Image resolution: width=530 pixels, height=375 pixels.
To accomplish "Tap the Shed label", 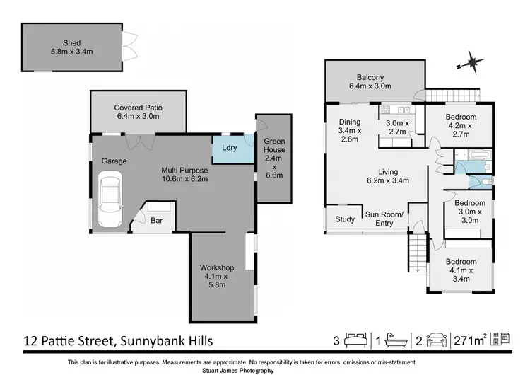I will (x=72, y=47).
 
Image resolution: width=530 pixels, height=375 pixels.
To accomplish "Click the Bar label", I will (x=157, y=221).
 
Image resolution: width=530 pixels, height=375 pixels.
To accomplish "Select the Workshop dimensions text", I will (x=217, y=281).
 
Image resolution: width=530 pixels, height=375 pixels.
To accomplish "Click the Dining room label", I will (x=350, y=131).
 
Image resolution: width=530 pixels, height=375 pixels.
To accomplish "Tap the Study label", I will (x=345, y=219).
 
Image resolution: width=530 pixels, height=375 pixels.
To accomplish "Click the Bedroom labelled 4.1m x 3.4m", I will (x=461, y=270).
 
